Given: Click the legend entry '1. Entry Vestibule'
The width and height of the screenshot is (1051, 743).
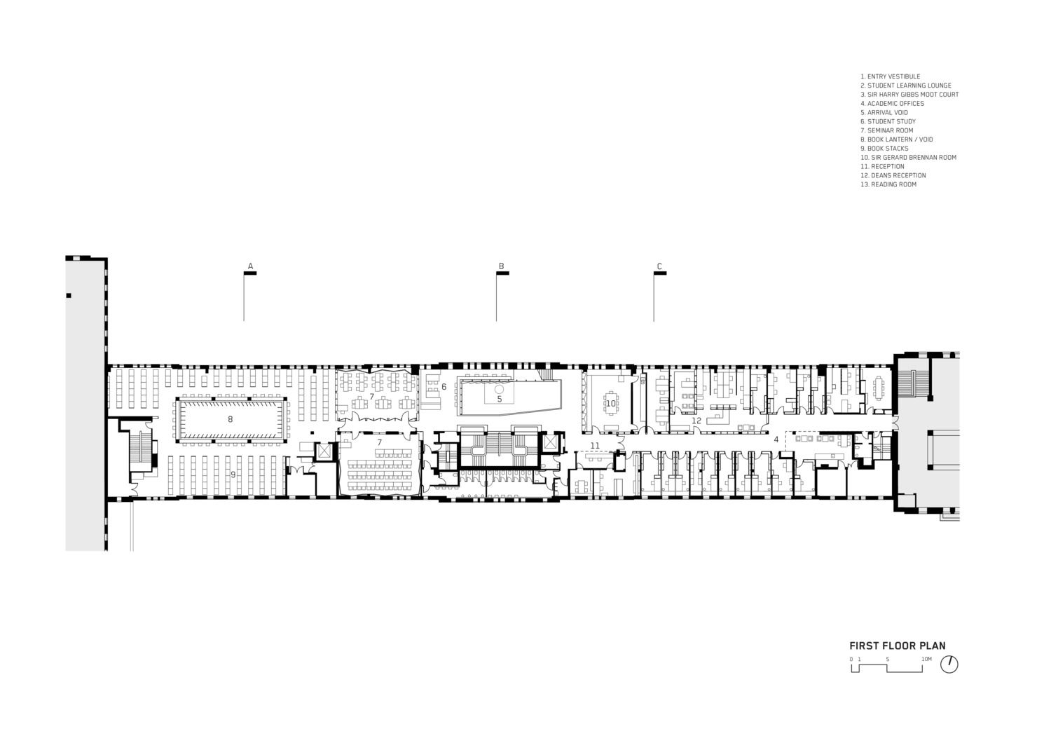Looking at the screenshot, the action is coord(890,76).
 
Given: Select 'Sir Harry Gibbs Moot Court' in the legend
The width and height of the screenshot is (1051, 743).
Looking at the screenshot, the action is coord(909,95).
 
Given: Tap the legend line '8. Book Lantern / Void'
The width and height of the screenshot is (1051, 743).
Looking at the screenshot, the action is coord(896,139).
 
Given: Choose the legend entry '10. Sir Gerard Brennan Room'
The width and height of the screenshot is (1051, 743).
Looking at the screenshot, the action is coord(908,158).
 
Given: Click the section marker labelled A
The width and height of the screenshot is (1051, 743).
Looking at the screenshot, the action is coord(250,267).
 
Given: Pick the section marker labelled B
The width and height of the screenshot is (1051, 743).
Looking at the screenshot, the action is coord(502,267).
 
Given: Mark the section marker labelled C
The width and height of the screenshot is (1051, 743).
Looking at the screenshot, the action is coord(659,267).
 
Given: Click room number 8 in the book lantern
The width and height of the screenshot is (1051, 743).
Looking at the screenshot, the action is coord(230,419).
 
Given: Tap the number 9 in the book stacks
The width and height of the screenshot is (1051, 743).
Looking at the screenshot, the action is coord(233,475).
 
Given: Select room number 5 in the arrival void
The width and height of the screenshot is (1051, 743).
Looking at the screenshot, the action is coord(500,399).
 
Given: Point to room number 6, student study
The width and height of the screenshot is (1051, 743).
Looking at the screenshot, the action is coord(444,387).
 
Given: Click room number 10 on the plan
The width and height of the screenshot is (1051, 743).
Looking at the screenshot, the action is coord(610,403).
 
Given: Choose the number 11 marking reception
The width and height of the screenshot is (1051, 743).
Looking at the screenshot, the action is coord(595,446).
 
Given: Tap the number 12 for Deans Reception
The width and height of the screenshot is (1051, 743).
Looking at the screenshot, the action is coord(696,421).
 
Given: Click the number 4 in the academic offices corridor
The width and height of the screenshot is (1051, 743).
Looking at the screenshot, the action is coord(776,439).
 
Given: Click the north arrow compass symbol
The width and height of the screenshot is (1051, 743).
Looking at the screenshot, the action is coord(949,664).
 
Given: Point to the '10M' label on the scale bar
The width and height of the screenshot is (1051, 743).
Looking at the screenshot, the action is coord(926,659).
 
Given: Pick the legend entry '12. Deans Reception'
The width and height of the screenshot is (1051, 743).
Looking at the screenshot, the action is coord(893,176).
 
